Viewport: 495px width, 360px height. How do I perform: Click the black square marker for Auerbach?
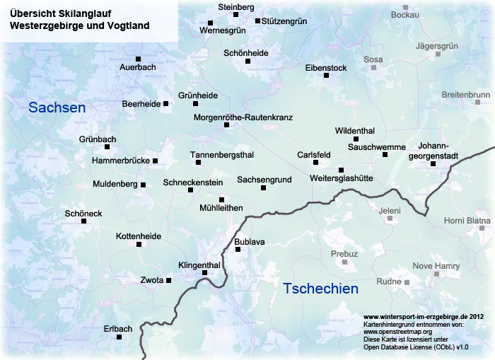coord(139,59)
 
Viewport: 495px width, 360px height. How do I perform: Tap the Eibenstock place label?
coord(325,68)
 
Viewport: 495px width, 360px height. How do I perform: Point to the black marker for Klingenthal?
coord(205,273)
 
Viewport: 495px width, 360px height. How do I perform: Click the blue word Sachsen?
coord(57,108)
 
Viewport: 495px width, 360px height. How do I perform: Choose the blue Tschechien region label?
coord(320,289)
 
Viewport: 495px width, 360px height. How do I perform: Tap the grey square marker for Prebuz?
coord(345,262)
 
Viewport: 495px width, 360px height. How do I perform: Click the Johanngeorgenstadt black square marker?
coord(433,164)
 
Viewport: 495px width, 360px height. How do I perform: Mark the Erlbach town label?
coord(118,329)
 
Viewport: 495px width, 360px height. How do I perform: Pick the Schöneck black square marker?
coord(84,221)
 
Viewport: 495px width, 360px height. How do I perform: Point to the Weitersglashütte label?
coord(342,179)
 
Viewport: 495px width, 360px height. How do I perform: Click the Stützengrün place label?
coord(284,21)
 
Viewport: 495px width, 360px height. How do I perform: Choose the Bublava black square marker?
coord(238,249)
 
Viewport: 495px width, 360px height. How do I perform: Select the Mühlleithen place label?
coord(221,208)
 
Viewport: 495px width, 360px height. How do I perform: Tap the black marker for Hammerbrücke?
coord(156,161)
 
